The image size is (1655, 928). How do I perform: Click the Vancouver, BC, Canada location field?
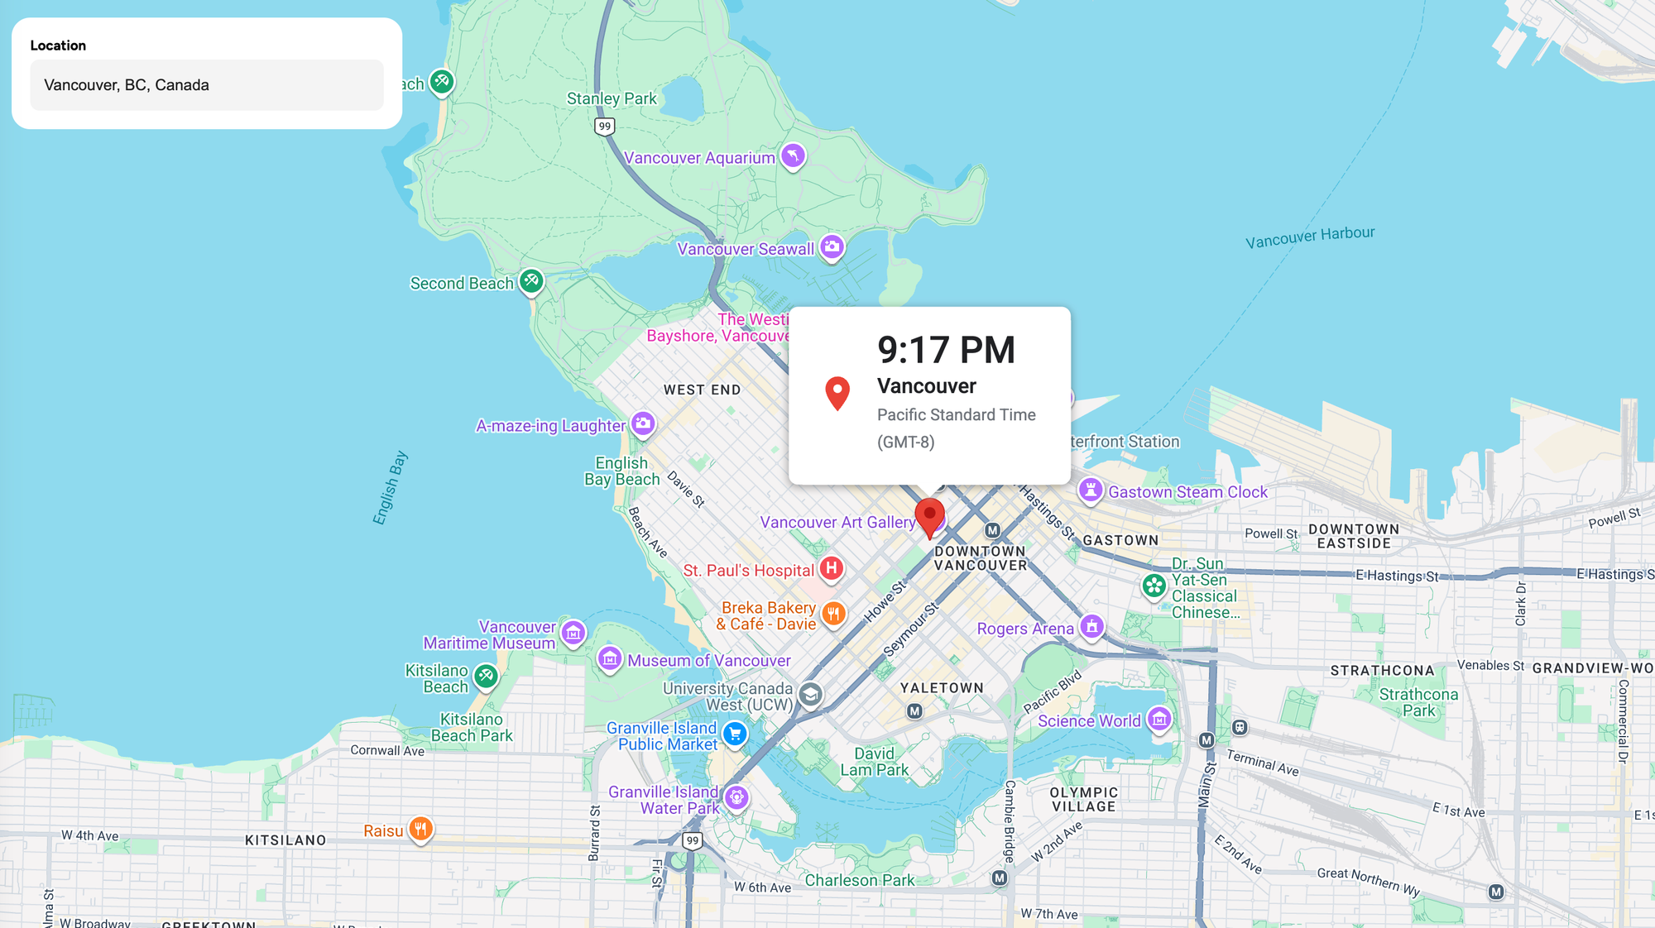tap(206, 85)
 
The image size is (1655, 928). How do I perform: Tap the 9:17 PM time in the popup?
tap(946, 350)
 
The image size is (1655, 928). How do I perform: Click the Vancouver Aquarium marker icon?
tap(793, 155)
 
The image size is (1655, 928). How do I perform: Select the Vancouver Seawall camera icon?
tap(832, 246)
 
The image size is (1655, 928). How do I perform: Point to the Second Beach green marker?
tap(531, 281)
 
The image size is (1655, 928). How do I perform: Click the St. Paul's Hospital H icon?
tap(832, 568)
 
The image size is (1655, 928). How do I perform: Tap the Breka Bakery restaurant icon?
tap(833, 614)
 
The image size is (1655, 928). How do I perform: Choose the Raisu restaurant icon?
tap(420, 828)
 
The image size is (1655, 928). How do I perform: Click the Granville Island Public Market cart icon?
tap(734, 734)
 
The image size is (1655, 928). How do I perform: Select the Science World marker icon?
tap(1159, 720)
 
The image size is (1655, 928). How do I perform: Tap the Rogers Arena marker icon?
tap(1091, 626)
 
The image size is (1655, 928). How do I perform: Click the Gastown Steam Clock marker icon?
tap(1091, 490)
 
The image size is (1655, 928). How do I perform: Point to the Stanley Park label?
tap(612, 98)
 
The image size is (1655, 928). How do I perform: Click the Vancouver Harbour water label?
tap(1310, 237)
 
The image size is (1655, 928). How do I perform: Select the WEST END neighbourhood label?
tap(702, 390)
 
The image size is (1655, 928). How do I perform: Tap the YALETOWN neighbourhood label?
tap(942, 687)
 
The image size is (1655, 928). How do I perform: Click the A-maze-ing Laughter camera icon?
tap(643, 423)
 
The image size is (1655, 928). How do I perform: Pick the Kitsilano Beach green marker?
tap(486, 677)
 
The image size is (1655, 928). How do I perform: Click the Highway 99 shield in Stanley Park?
tap(605, 127)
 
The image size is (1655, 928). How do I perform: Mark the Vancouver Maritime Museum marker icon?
tap(573, 633)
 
